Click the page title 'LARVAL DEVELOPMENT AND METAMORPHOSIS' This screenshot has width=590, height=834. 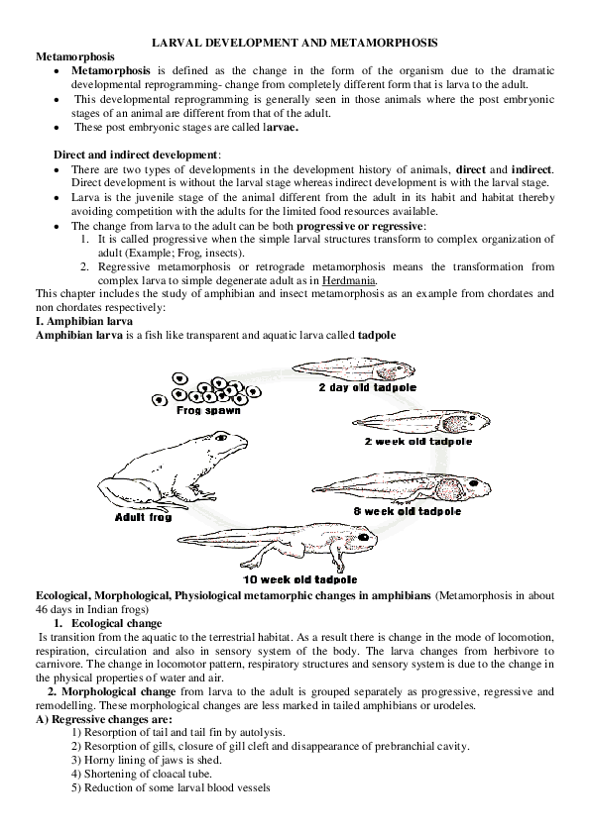(294, 45)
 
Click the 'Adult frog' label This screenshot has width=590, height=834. (143, 516)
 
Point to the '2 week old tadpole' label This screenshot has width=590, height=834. (417, 441)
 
